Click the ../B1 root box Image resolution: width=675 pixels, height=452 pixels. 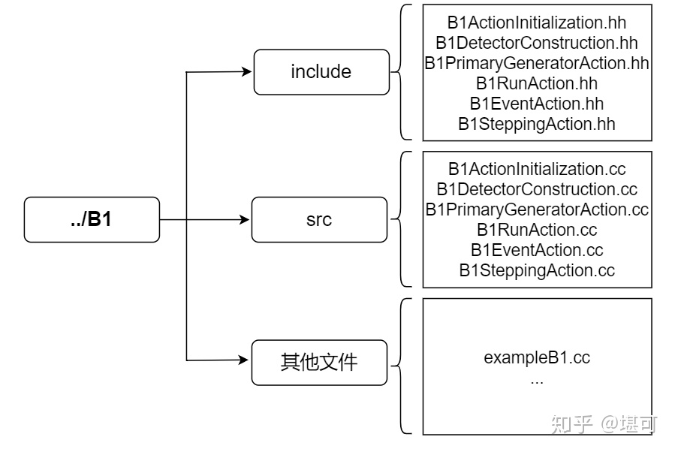coord(92,220)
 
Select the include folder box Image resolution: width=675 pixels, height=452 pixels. coord(321,72)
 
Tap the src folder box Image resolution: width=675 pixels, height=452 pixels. coord(320,220)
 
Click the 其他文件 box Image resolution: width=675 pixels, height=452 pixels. coord(320,363)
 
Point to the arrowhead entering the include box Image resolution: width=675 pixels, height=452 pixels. coord(246,72)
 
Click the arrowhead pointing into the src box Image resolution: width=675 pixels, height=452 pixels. coord(244,220)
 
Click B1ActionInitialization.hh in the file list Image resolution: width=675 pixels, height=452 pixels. coord(536,23)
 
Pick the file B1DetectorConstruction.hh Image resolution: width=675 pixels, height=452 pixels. coord(536,43)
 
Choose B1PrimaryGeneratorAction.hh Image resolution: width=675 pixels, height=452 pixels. coord(536,63)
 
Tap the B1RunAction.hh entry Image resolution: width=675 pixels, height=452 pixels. coord(536,83)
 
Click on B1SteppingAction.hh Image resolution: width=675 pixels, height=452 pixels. coord(536,124)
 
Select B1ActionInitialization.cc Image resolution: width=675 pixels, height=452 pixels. coord(536,169)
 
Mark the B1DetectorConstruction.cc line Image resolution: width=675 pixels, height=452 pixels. coord(536,189)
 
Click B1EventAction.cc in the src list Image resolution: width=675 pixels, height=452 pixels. coord(536,250)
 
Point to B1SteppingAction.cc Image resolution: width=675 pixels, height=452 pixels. coord(536,270)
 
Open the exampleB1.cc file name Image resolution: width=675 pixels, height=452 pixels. coord(536,357)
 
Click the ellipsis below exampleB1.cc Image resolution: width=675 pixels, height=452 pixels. coord(536,381)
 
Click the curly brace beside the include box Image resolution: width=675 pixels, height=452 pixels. coord(401,72)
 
